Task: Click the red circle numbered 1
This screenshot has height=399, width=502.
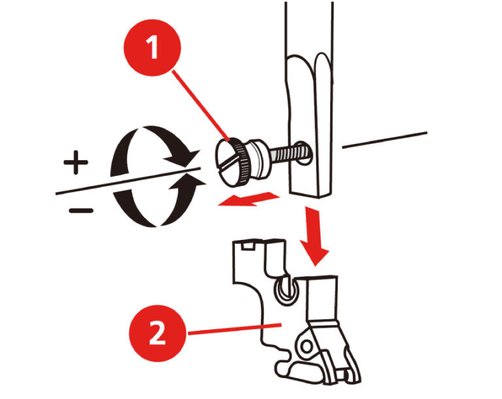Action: click(152, 48)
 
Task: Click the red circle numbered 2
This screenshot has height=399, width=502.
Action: click(157, 334)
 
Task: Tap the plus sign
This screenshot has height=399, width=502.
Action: click(76, 162)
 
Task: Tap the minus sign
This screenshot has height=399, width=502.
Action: click(81, 211)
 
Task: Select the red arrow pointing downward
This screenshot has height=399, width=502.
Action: click(314, 235)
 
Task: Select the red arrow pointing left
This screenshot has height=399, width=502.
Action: click(248, 199)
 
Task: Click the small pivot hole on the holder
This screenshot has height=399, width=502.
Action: click(307, 347)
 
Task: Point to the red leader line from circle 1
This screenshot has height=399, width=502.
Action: click(201, 106)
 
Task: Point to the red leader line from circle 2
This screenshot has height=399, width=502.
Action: click(235, 330)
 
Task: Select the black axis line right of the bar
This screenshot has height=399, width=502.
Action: click(385, 140)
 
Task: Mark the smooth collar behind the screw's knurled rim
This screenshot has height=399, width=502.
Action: click(259, 158)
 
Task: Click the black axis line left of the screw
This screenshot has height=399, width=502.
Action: click(128, 181)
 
